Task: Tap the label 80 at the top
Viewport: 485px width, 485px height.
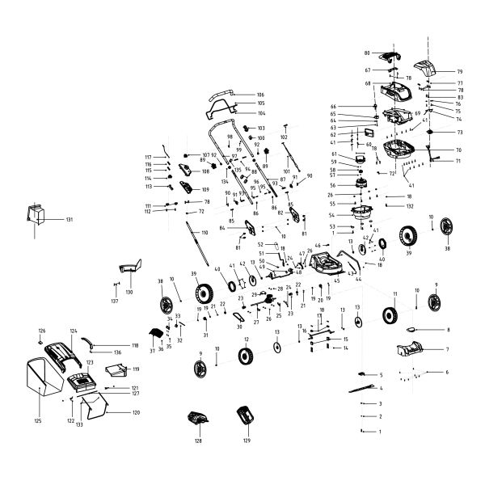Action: point(366,53)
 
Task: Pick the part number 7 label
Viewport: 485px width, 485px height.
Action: point(446,349)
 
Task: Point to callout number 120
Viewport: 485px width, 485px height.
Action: point(136,412)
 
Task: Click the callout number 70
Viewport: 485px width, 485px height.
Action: point(458,150)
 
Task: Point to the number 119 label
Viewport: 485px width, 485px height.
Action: point(136,369)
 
